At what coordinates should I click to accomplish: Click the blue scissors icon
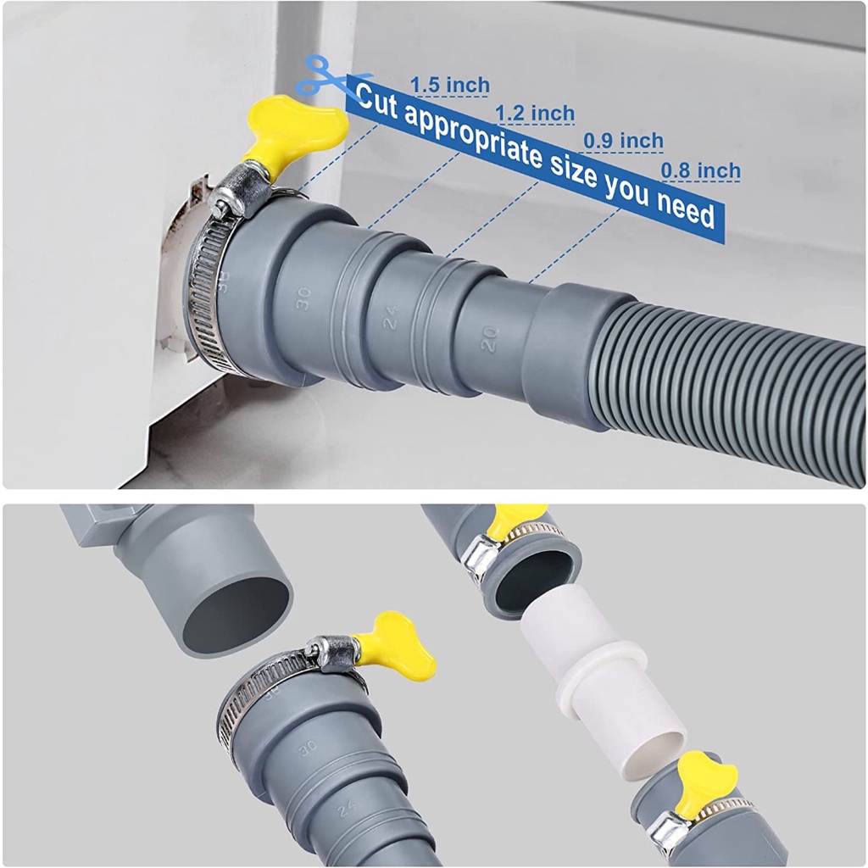tap(324, 76)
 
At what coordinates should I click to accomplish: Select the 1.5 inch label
tap(450, 85)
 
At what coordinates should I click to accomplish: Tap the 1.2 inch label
tap(535, 113)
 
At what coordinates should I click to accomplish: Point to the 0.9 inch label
tap(623, 141)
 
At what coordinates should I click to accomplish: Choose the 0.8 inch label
tap(700, 170)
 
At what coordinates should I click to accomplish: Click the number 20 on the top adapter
tap(488, 339)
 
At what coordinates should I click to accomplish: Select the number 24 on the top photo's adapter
tap(391, 318)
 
